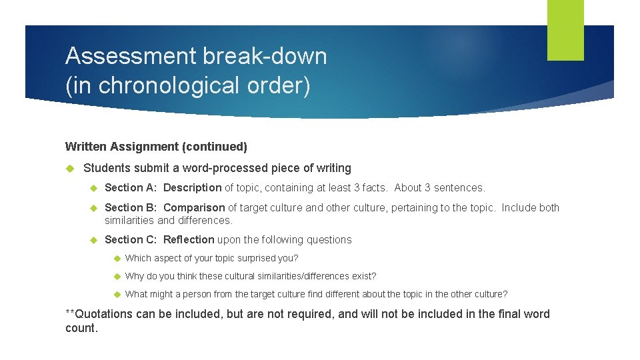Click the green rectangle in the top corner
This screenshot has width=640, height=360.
(x=565, y=30)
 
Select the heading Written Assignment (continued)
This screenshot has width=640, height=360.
(x=156, y=146)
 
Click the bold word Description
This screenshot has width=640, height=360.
(x=193, y=188)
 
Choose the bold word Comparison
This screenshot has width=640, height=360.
(x=194, y=207)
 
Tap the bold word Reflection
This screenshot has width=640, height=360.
(x=189, y=239)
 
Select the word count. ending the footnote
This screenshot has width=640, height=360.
(x=81, y=328)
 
